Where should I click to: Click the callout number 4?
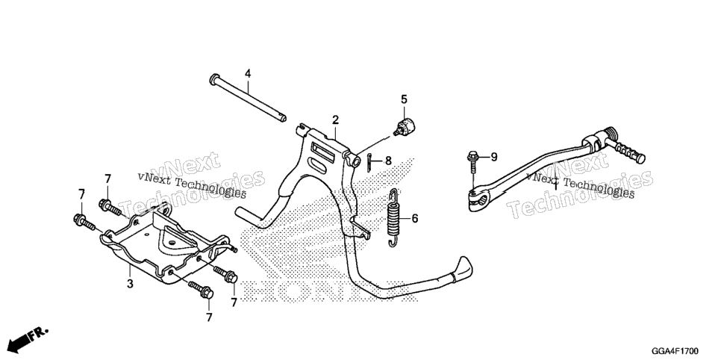(248, 73)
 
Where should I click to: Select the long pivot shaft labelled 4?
(248, 99)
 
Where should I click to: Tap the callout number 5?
(405, 99)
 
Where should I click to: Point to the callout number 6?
(415, 218)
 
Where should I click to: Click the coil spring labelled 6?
(393, 218)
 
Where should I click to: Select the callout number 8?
(388, 161)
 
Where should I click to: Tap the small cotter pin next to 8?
(369, 162)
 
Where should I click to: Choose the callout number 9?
(494, 158)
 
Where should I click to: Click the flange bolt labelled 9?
(472, 167)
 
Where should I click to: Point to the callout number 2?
(336, 120)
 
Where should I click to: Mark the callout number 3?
(130, 284)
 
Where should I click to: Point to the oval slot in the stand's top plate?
(322, 164)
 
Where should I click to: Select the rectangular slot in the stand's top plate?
(325, 150)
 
